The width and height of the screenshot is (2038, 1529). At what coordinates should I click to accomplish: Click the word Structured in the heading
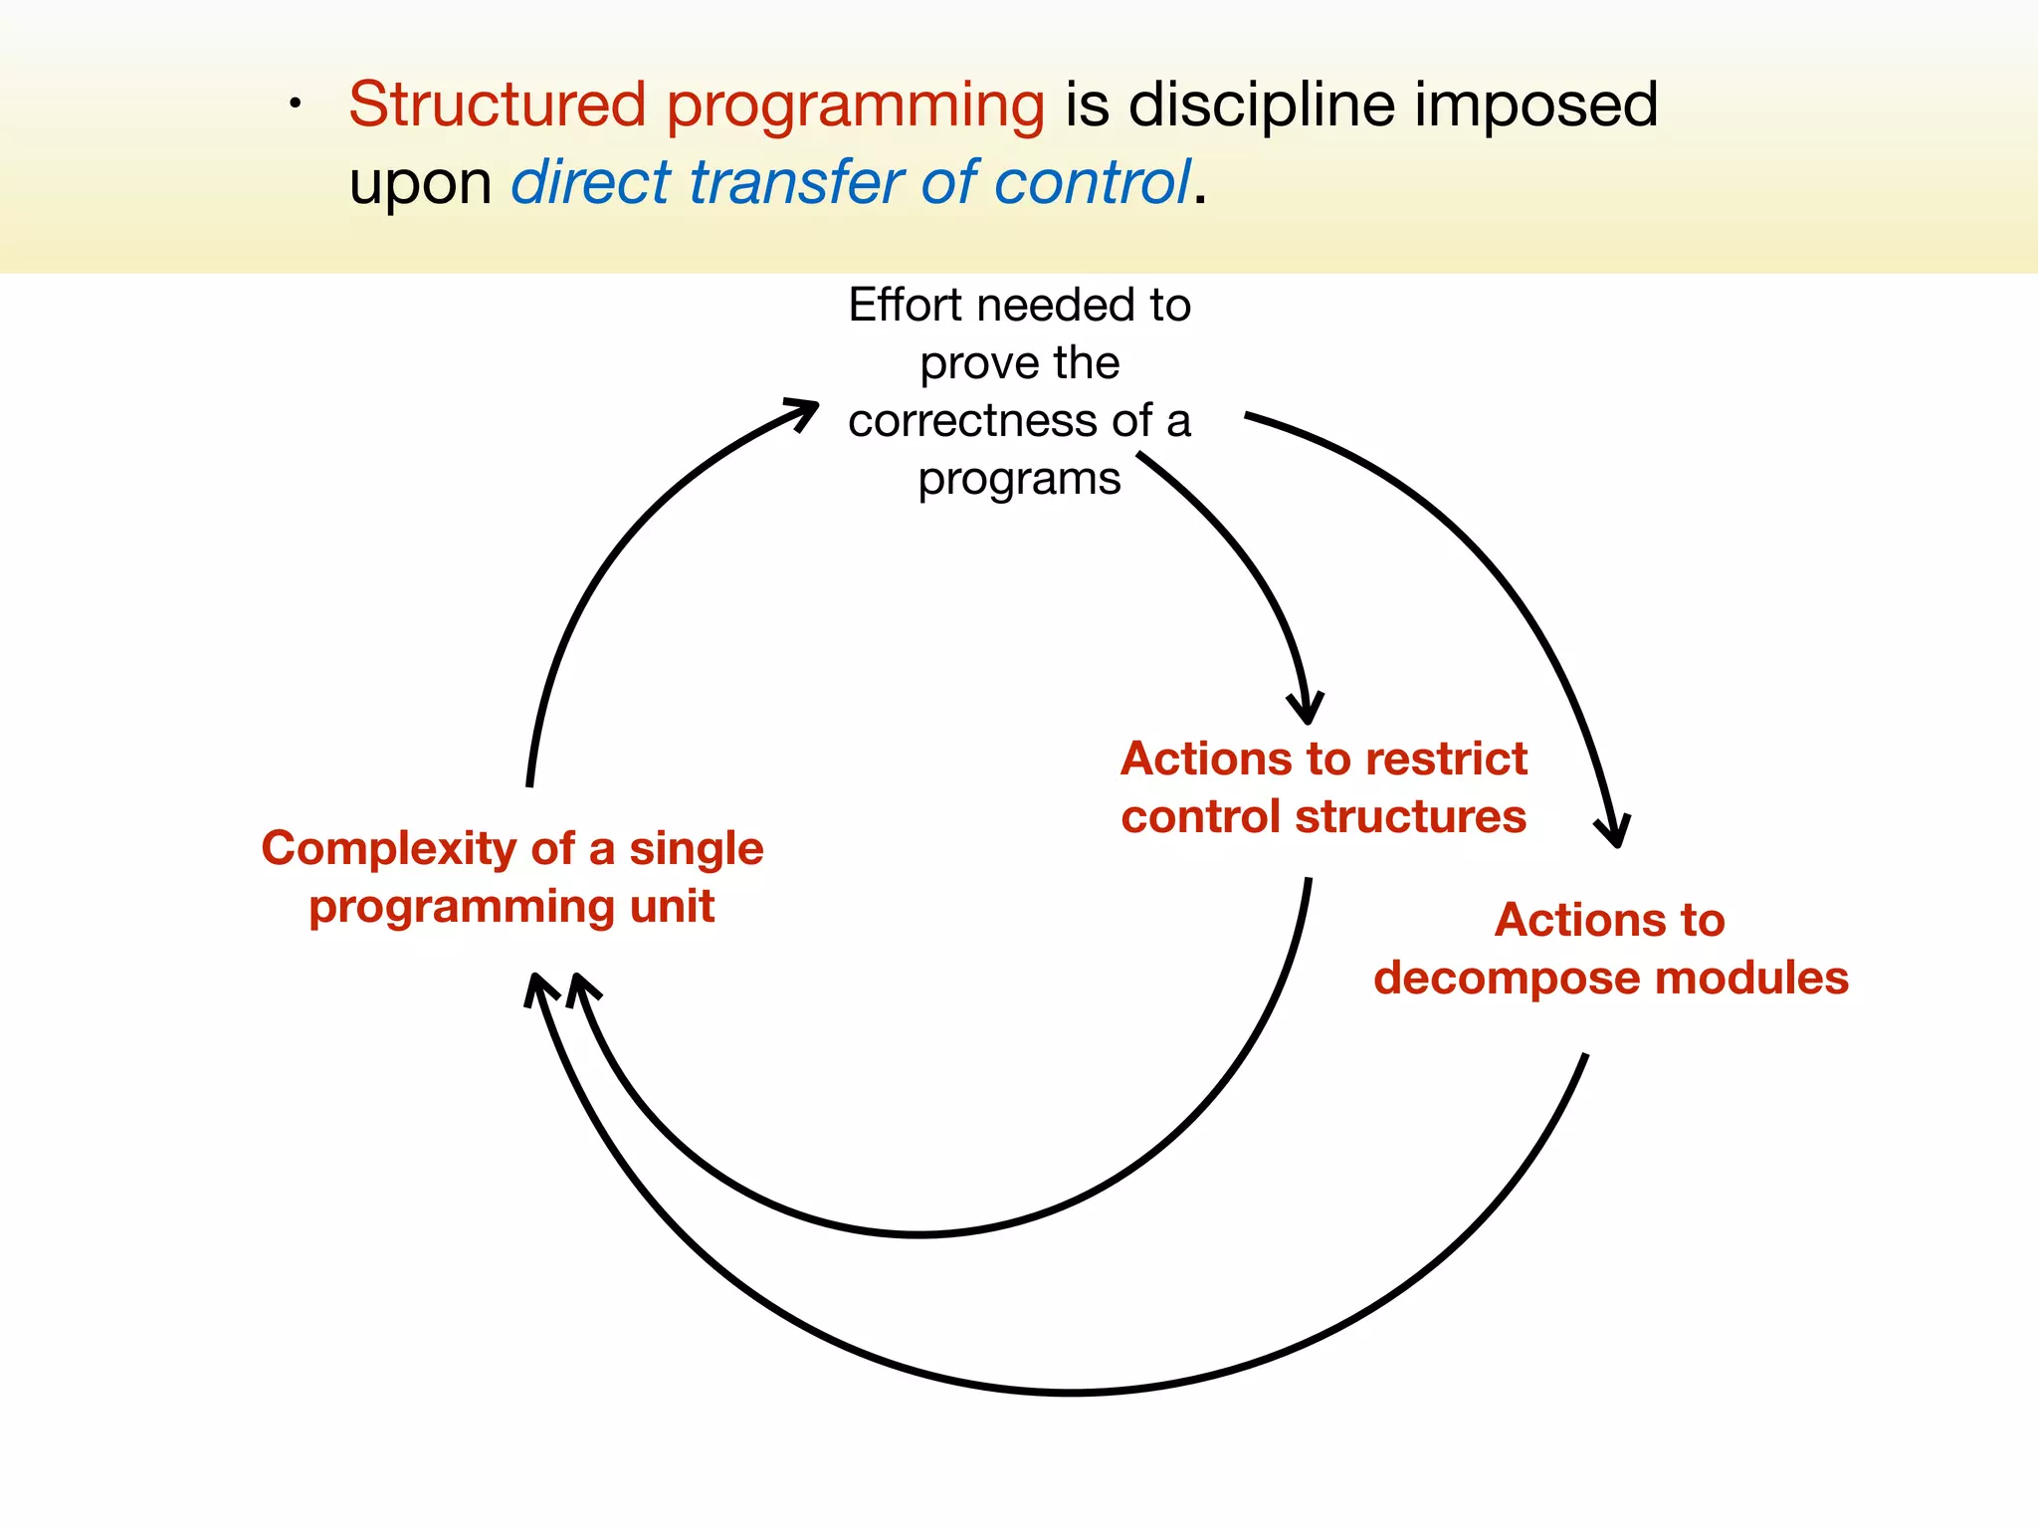(498, 105)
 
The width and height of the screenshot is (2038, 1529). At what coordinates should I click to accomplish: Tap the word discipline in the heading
(1261, 105)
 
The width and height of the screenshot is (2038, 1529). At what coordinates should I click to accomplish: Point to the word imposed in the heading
(1536, 105)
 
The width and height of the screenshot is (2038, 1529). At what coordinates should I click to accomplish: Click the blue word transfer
(796, 182)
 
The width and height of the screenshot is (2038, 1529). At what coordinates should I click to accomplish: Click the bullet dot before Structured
(295, 104)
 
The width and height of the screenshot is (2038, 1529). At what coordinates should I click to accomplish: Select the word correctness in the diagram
(972, 421)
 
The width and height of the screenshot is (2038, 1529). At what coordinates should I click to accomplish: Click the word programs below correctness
(1019, 480)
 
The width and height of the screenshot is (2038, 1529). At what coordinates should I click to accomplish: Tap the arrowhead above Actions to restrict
(1307, 710)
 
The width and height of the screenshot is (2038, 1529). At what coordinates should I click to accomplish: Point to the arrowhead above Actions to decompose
(1614, 832)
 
